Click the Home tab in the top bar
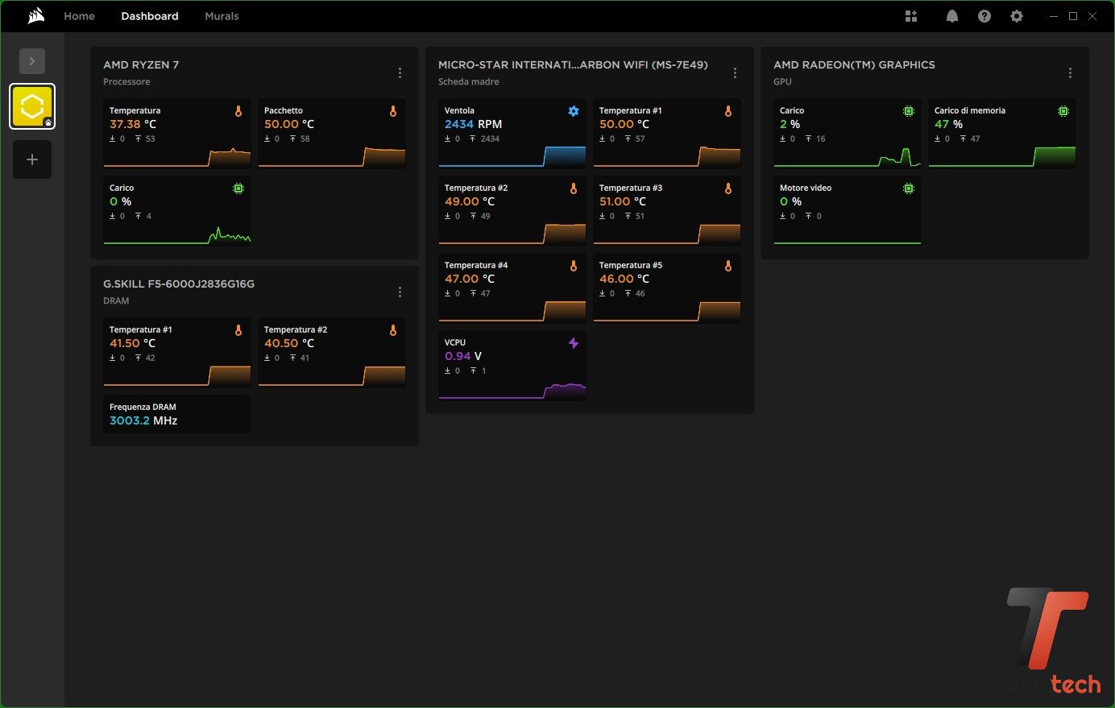point(79,16)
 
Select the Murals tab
point(222,16)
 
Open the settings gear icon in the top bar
point(1016,16)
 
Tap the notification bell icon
point(951,16)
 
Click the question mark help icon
point(984,16)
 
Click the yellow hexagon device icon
point(32,106)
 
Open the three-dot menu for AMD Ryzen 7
point(400,73)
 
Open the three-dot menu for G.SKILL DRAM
point(400,292)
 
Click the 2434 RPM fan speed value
point(473,124)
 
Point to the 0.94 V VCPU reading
point(463,356)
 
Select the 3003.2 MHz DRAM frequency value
point(143,420)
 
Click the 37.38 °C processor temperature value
point(132,124)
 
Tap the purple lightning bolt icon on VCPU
point(574,343)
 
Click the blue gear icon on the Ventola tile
point(574,111)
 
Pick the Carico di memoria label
point(970,110)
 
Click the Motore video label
point(806,188)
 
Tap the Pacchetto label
point(284,110)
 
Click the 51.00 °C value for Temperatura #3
point(623,201)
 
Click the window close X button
point(1092,16)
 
